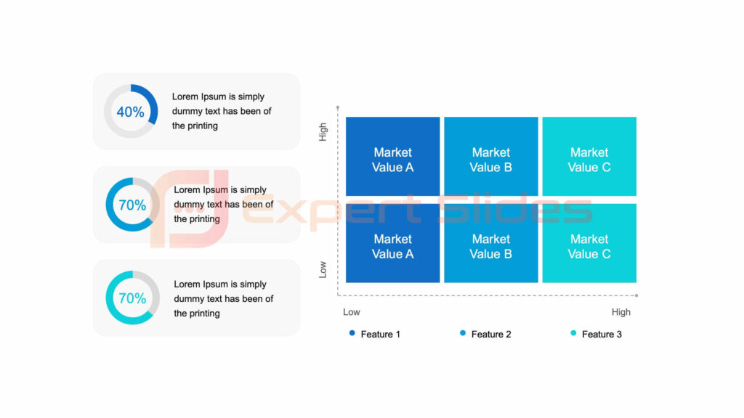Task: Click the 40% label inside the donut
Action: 130,112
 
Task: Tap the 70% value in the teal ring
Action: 132,298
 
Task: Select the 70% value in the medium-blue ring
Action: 132,205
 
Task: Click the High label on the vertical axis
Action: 323,131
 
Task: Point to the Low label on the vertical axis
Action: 323,269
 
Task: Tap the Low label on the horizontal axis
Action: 352,312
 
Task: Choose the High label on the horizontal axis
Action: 621,312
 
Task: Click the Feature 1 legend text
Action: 380,335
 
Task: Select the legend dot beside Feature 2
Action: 463,333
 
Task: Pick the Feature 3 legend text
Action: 602,335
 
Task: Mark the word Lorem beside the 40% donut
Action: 185,97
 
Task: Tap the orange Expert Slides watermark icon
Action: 189,209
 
